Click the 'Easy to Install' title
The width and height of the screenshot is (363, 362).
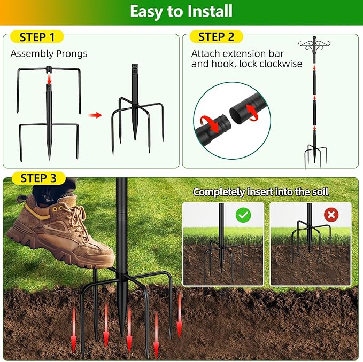pos(181,12)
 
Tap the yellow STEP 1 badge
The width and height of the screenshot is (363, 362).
pos(36,37)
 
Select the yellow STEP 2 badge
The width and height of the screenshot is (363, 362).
pos(216,37)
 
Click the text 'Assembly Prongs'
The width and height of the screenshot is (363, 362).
pos(49,54)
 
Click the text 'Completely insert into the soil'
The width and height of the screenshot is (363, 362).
pos(261,191)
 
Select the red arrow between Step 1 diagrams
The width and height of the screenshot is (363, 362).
pos(95,114)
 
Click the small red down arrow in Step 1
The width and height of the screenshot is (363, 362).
pos(49,79)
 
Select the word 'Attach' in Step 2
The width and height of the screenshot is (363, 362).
pos(204,54)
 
